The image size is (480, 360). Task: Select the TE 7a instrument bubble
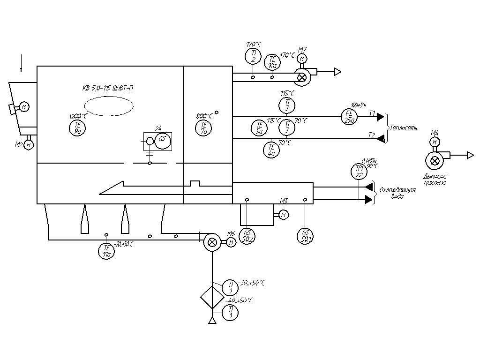tap(203, 127)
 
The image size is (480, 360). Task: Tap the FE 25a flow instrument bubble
tap(349, 116)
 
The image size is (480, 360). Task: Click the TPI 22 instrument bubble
tap(359, 171)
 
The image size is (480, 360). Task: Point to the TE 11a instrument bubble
tap(107, 251)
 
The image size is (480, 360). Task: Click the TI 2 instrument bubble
tap(253, 56)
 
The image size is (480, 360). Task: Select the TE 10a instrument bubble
tap(272, 62)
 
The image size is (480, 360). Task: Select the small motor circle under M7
tap(302, 59)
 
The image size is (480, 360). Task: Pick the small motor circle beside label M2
tap(29, 145)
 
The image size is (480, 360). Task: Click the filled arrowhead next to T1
tap(380, 117)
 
